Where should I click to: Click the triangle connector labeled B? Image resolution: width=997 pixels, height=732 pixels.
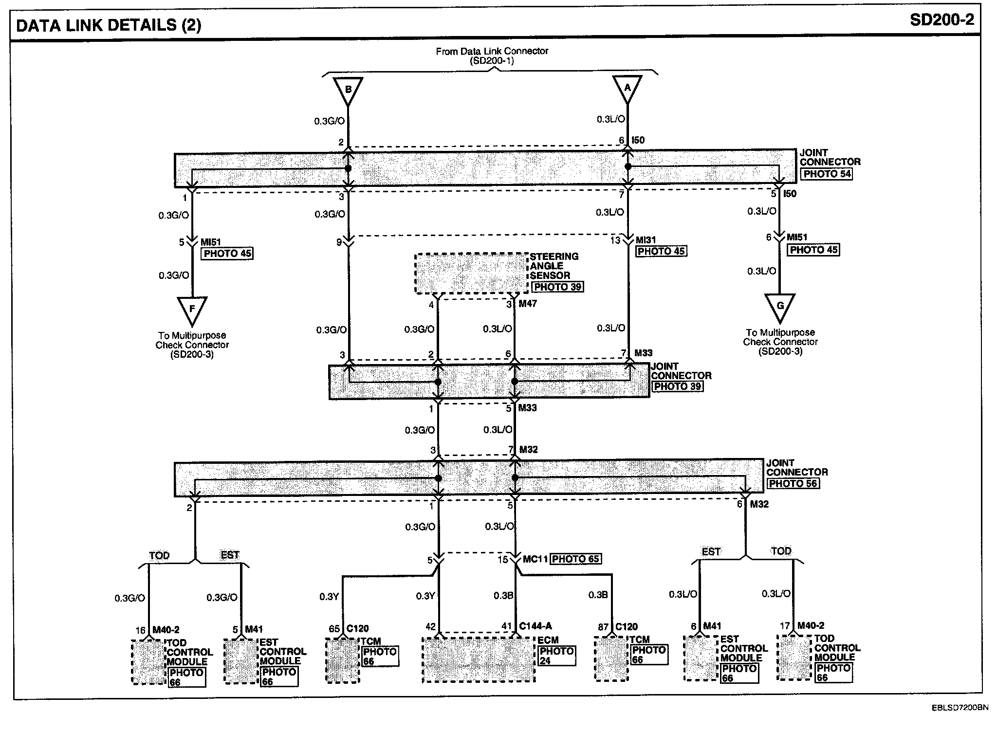(348, 91)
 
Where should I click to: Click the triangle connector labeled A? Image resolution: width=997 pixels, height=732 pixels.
(627, 89)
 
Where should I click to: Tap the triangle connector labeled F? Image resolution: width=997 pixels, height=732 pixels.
(192, 310)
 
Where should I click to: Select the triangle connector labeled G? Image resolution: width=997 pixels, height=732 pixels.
(780, 307)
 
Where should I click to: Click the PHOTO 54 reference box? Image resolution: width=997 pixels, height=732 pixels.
(827, 174)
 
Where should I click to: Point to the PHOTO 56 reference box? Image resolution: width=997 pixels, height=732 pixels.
(793, 483)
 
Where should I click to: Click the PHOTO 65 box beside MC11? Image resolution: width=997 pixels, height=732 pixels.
(575, 559)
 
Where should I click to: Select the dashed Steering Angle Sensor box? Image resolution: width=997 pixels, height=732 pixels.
(471, 273)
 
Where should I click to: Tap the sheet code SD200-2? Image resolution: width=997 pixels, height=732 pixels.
(942, 20)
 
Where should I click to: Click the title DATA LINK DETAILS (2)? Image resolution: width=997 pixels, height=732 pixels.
(109, 25)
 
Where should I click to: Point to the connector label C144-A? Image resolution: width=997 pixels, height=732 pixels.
(535, 626)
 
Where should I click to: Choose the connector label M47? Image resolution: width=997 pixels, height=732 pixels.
(528, 304)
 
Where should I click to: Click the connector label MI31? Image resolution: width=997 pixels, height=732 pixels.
(646, 240)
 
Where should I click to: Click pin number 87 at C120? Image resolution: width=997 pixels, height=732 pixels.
(603, 627)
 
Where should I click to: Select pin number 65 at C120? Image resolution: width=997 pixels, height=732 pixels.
(334, 628)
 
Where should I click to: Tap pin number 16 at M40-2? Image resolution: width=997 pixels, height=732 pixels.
(141, 630)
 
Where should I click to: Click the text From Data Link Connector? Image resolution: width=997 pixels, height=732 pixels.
(492, 51)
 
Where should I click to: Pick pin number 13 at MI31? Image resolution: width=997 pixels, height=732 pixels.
(615, 240)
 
